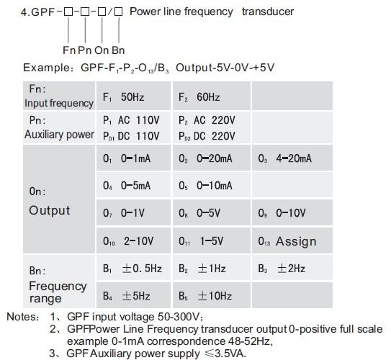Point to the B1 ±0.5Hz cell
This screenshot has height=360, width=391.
click(132, 269)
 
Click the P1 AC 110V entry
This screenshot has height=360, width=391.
click(131, 120)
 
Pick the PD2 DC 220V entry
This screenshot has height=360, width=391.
click(207, 136)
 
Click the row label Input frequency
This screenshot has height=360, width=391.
click(59, 103)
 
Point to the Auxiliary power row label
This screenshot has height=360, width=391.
click(59, 135)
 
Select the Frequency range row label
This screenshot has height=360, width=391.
click(58, 292)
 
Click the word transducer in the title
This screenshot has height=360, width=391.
click(268, 12)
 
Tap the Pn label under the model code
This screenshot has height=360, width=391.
click(85, 50)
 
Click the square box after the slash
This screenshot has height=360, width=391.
click(118, 12)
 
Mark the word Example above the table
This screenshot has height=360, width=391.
click(46, 68)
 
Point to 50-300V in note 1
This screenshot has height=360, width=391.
click(179, 317)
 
